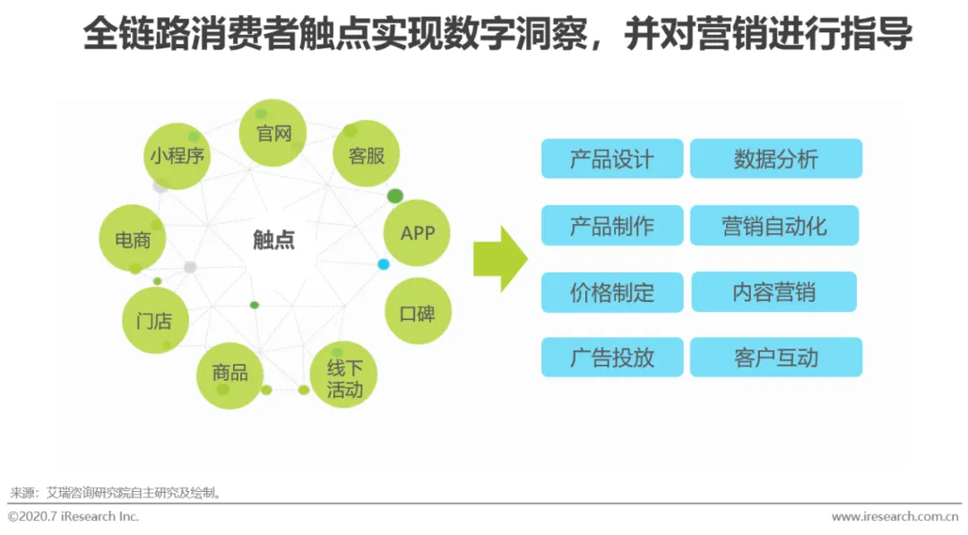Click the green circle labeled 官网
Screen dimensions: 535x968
(273, 133)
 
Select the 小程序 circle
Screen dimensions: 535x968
(177, 156)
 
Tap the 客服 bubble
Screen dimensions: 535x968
(366, 154)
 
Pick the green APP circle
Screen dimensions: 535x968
(417, 233)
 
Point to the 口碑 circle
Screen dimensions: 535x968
(417, 313)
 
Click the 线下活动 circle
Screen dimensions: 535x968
(343, 377)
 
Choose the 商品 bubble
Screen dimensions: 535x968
(229, 374)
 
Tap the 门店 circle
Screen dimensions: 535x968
(154, 320)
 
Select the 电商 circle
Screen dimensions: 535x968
(133, 239)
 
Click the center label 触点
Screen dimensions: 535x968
(273, 240)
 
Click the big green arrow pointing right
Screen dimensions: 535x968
(500, 259)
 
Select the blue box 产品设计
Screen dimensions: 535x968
(612, 159)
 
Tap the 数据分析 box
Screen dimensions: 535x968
(776, 159)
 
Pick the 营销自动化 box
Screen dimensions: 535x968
(774, 226)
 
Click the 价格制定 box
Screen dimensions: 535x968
(612, 292)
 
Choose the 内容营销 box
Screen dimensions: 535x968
(774, 292)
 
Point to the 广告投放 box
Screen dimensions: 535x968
(612, 358)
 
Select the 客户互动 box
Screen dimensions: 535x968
(776, 358)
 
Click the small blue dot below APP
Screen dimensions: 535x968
(384, 264)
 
